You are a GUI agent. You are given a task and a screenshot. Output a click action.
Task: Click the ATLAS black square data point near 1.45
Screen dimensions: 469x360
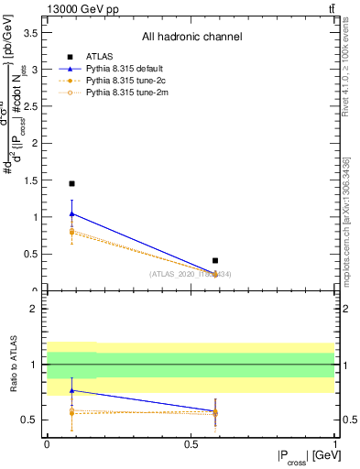click(71, 183)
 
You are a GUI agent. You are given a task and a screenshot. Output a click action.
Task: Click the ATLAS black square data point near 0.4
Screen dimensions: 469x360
click(215, 261)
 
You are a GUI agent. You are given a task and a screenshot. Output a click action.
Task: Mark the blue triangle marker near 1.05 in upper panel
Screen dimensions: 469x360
click(71, 213)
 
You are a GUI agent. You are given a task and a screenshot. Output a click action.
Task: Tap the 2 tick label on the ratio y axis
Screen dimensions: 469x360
click(34, 310)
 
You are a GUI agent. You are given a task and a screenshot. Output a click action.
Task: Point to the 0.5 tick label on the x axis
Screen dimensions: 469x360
click(191, 443)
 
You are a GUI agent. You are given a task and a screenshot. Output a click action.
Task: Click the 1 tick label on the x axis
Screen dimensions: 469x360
click(334, 443)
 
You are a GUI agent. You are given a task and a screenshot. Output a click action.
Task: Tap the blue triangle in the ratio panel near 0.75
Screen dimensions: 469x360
click(71, 390)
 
